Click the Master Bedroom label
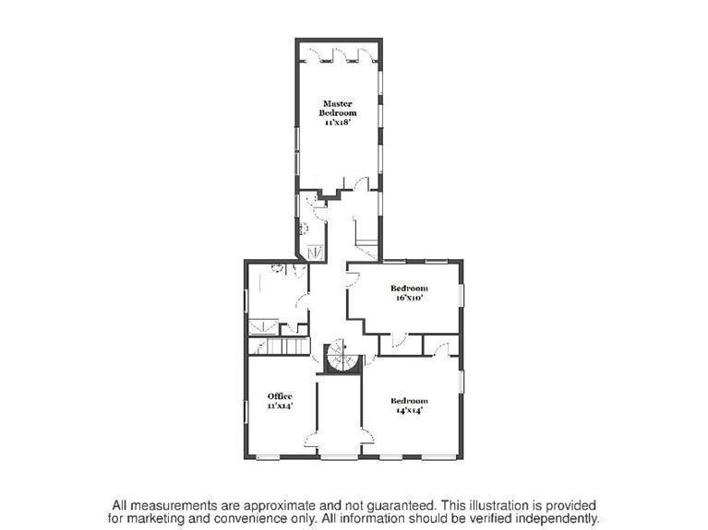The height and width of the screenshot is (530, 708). click(x=337, y=108)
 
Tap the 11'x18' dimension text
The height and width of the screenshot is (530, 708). click(x=337, y=123)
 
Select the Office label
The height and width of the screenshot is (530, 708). click(x=280, y=396)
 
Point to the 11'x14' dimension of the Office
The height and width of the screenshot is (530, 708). click(x=280, y=406)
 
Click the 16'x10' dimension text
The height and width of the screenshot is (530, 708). click(x=409, y=298)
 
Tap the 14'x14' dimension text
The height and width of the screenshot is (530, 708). click(x=409, y=410)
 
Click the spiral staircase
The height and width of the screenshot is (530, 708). click(x=342, y=356)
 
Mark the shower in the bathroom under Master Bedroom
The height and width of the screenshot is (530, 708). click(x=315, y=252)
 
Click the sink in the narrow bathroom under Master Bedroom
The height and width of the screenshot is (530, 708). click(x=303, y=229)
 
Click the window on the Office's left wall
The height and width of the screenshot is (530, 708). click(x=246, y=412)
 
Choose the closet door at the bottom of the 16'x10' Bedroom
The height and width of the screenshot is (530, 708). click(x=399, y=340)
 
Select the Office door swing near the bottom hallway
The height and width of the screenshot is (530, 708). click(x=312, y=440)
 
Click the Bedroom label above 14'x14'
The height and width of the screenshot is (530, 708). click(x=409, y=401)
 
